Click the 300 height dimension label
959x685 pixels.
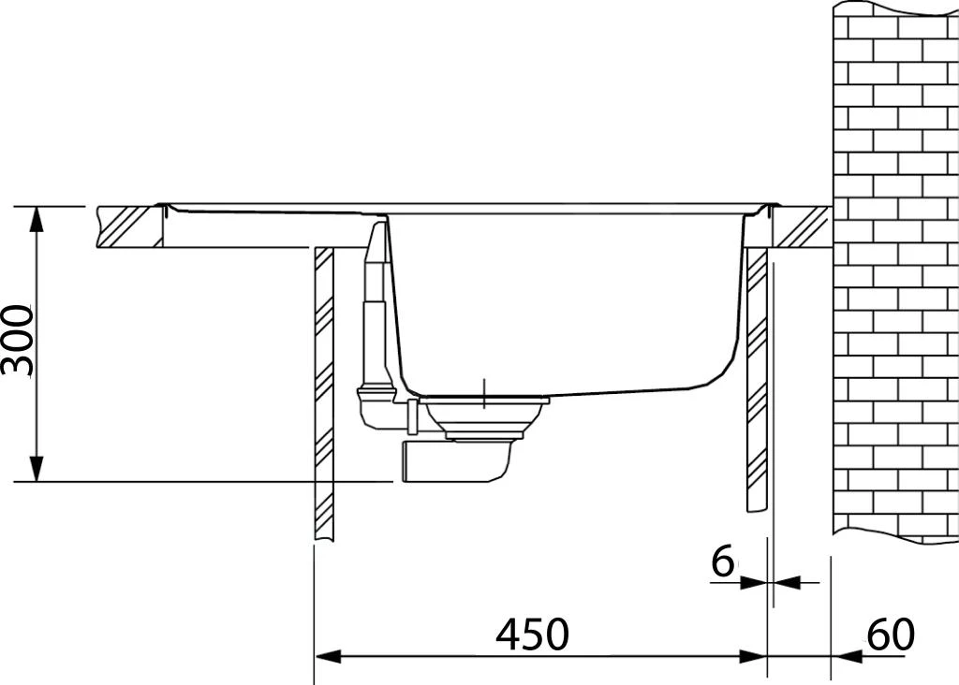click(17, 341)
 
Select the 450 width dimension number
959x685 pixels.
click(532, 634)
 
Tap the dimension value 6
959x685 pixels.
click(722, 562)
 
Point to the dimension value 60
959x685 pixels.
click(890, 634)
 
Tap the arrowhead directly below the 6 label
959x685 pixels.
click(754, 583)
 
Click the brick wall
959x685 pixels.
click(895, 271)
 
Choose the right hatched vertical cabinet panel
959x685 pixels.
click(757, 379)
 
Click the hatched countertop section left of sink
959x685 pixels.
click(129, 227)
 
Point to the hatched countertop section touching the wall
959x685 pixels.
click(802, 227)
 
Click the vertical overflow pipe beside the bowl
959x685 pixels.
click(375, 299)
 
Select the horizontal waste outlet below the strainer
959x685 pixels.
click(454, 462)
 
